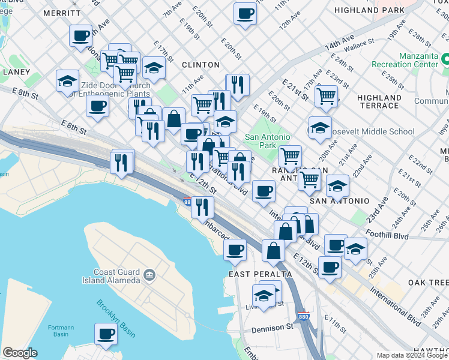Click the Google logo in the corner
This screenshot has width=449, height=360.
pyautogui.click(x=20, y=353)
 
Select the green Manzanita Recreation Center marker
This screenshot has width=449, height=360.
pyautogui.click(x=446, y=59)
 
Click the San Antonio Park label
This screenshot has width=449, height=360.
pyautogui.click(x=268, y=141)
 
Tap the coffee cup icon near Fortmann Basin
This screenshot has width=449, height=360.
pyautogui.click(x=106, y=334)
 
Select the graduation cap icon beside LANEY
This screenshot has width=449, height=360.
pyautogui.click(x=67, y=80)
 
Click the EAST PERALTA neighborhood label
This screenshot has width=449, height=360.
pyautogui.click(x=261, y=274)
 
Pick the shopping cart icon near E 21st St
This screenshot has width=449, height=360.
pyautogui.click(x=326, y=95)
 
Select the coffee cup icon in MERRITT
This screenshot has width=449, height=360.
pyautogui.click(x=80, y=35)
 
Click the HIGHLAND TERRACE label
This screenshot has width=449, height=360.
pyautogui.click(x=378, y=101)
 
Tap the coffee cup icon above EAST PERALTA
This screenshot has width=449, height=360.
pyautogui.click(x=235, y=249)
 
